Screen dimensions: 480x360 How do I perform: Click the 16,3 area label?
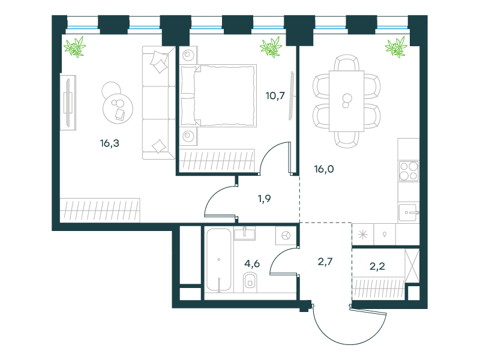[x=110, y=143]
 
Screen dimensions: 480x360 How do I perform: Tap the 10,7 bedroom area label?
[x=275, y=96]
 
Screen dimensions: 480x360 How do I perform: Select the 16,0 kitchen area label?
[x=324, y=169]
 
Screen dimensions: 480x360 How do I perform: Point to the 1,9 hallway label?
[x=265, y=199]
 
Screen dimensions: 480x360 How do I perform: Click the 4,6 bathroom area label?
[x=252, y=263]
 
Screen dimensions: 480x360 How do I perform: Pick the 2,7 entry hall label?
[x=325, y=262]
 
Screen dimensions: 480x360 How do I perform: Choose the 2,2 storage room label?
[x=377, y=266]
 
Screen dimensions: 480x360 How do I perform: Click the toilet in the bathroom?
[x=250, y=282]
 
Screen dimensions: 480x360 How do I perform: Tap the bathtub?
[x=218, y=260]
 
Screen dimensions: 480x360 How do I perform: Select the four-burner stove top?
[x=409, y=171]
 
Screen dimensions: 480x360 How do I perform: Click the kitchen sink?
[x=408, y=212]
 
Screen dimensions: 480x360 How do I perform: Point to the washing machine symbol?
[x=286, y=236]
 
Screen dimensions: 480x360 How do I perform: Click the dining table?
[x=347, y=101]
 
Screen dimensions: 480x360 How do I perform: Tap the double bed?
[x=218, y=95]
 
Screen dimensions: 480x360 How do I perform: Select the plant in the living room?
[x=74, y=47]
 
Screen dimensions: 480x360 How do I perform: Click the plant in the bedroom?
[x=271, y=47]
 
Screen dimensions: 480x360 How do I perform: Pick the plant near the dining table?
[x=396, y=47]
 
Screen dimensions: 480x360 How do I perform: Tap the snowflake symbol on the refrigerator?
[x=363, y=235]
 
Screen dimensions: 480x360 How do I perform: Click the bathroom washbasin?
[x=245, y=233]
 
